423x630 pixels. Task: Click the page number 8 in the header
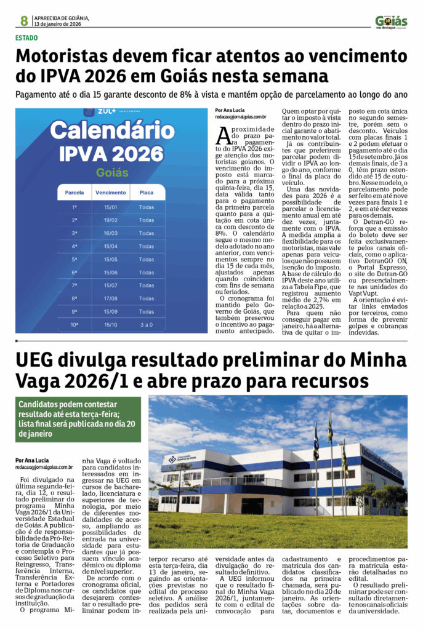(x=24, y=21)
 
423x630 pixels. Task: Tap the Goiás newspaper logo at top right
(x=391, y=22)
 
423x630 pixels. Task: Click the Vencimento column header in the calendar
(x=111, y=193)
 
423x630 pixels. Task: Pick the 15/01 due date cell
(x=111, y=207)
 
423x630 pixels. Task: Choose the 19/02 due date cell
(x=111, y=220)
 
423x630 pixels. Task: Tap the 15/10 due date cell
(x=111, y=324)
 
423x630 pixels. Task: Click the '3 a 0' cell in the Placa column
(x=147, y=324)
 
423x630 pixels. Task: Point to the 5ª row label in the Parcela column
(x=75, y=259)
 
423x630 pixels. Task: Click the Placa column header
(x=147, y=193)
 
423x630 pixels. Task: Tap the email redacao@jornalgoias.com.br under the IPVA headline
(x=241, y=116)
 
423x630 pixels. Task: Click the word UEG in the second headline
(x=39, y=360)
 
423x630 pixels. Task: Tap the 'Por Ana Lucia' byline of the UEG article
(x=32, y=460)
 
